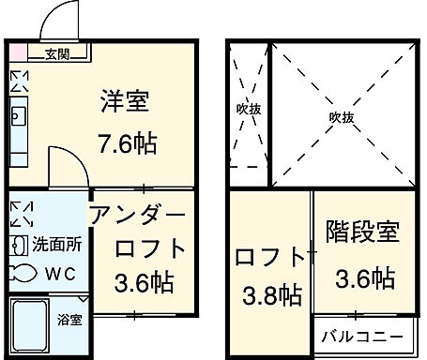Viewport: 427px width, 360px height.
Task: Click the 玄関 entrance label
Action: pyautogui.click(x=57, y=53)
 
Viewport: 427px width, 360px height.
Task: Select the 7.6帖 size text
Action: pyautogui.click(x=128, y=144)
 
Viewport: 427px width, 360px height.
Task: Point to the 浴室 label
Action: pyautogui.click(x=69, y=320)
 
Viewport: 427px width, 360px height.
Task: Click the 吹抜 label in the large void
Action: pyautogui.click(x=341, y=116)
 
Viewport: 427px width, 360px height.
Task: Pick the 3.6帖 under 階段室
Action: pyautogui.click(x=363, y=277)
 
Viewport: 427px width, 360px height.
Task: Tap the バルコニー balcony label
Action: pyautogui.click(x=362, y=336)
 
